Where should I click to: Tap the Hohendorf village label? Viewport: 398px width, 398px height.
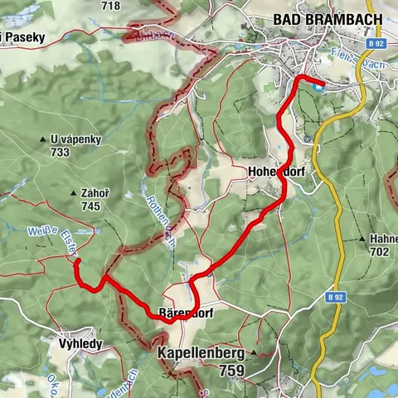[273, 172]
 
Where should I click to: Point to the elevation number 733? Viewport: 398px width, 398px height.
[59, 153]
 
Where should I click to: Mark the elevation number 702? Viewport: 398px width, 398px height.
[380, 251]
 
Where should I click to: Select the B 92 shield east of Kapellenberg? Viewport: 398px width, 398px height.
[334, 296]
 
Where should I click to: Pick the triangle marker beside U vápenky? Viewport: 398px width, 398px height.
[41, 140]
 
